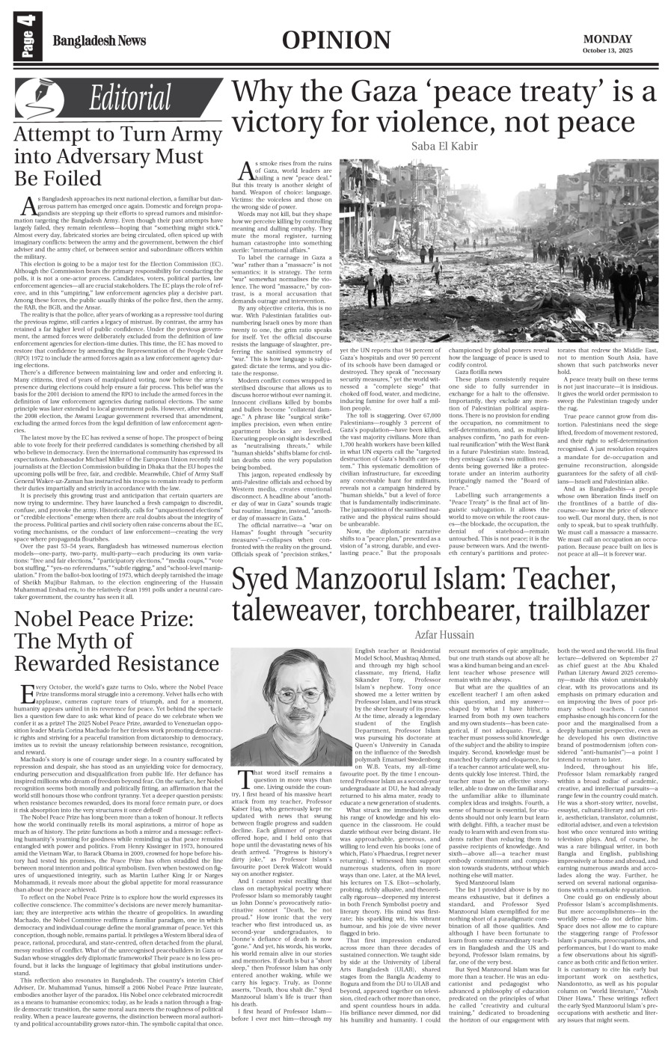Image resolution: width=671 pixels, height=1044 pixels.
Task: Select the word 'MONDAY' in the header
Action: (x=607, y=39)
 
